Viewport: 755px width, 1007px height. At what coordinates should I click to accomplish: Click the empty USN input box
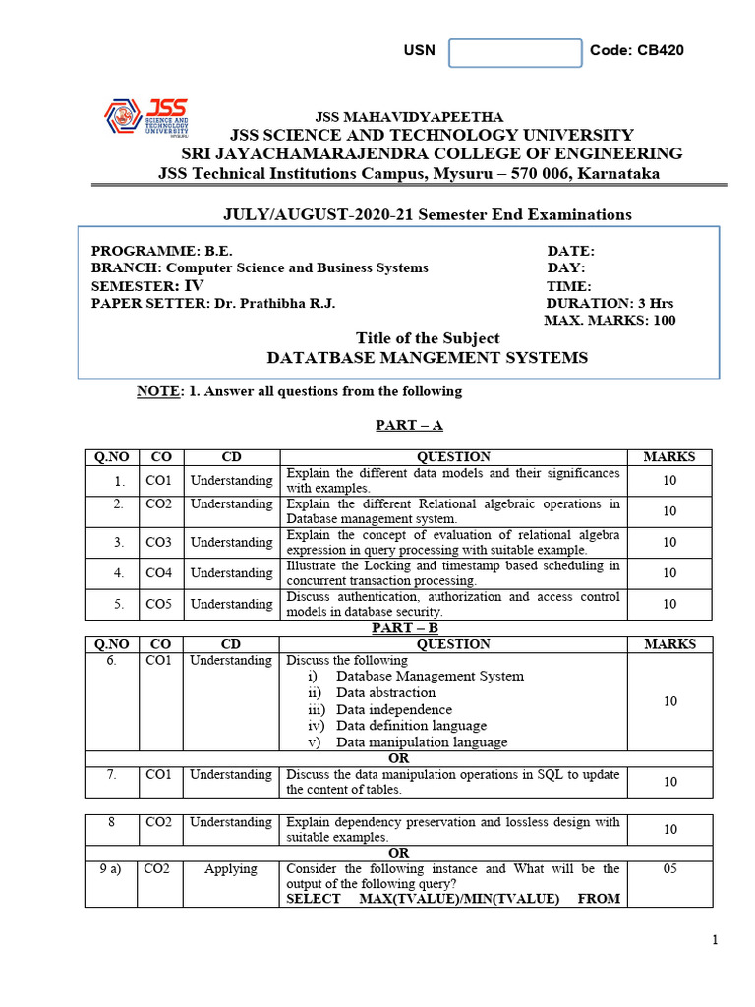pyautogui.click(x=515, y=53)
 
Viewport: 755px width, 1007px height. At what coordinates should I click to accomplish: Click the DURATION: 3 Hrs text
pyautogui.click(x=610, y=303)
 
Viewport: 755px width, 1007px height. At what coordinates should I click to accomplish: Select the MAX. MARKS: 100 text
pyautogui.click(x=610, y=321)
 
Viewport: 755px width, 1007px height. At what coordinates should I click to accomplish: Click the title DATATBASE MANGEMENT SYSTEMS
pyautogui.click(x=428, y=358)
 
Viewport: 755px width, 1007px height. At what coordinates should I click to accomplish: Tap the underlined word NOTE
pyautogui.click(x=158, y=391)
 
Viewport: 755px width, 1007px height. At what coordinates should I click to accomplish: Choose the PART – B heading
pyautogui.click(x=405, y=627)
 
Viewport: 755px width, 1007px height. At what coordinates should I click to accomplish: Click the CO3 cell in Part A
pyautogui.click(x=157, y=543)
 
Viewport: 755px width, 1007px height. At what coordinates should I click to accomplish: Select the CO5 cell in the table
pyautogui.click(x=157, y=604)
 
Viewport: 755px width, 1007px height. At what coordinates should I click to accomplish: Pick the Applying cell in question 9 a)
pyautogui.click(x=231, y=869)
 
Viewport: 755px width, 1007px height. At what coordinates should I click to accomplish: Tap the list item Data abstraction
pyautogui.click(x=385, y=692)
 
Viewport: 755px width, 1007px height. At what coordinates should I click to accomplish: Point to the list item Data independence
pyautogui.click(x=393, y=709)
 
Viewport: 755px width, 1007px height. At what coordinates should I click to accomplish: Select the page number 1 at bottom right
pyautogui.click(x=715, y=940)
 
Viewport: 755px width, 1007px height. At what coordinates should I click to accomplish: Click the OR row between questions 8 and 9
pyautogui.click(x=398, y=853)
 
